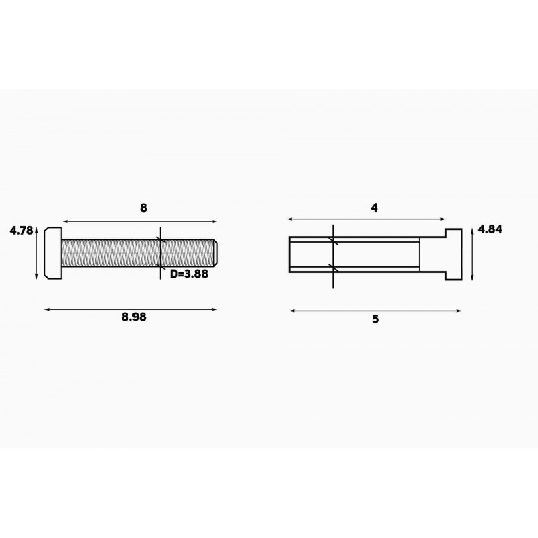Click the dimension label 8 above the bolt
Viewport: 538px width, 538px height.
(143, 208)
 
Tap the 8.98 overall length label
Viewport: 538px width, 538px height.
(134, 317)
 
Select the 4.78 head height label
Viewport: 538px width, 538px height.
(22, 230)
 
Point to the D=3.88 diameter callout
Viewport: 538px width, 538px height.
(189, 274)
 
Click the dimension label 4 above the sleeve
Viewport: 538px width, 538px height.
(374, 208)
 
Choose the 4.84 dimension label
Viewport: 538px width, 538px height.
(490, 229)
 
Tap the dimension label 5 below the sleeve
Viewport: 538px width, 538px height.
(375, 319)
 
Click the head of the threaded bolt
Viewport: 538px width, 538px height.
(53, 253)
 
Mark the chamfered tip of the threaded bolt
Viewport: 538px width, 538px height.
(215, 253)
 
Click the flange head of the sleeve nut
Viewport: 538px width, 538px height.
(453, 254)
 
